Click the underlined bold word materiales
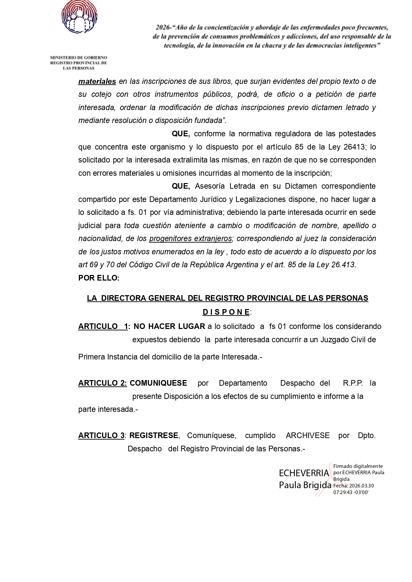pyautogui.click(x=97, y=81)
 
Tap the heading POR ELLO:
pyautogui.click(x=99, y=278)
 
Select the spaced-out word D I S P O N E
pyautogui.click(x=226, y=312)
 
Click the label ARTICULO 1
pyautogui.click(x=103, y=326)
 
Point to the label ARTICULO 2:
pyautogui.click(x=103, y=383)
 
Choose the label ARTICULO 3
pyautogui.click(x=101, y=435)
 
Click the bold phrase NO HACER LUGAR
pyautogui.click(x=169, y=326)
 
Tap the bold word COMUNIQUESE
pyautogui.click(x=158, y=383)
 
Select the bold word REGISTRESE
pyautogui.click(x=154, y=435)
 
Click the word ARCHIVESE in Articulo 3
pyautogui.click(x=308, y=435)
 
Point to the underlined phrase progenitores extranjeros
pyautogui.click(x=190, y=238)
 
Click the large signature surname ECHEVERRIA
pyautogui.click(x=304, y=473)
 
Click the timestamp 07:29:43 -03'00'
pyautogui.click(x=351, y=492)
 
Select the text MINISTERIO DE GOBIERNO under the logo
pyautogui.click(x=79, y=58)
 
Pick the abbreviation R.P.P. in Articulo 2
pyautogui.click(x=353, y=383)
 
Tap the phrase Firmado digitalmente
pyautogui.click(x=358, y=466)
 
